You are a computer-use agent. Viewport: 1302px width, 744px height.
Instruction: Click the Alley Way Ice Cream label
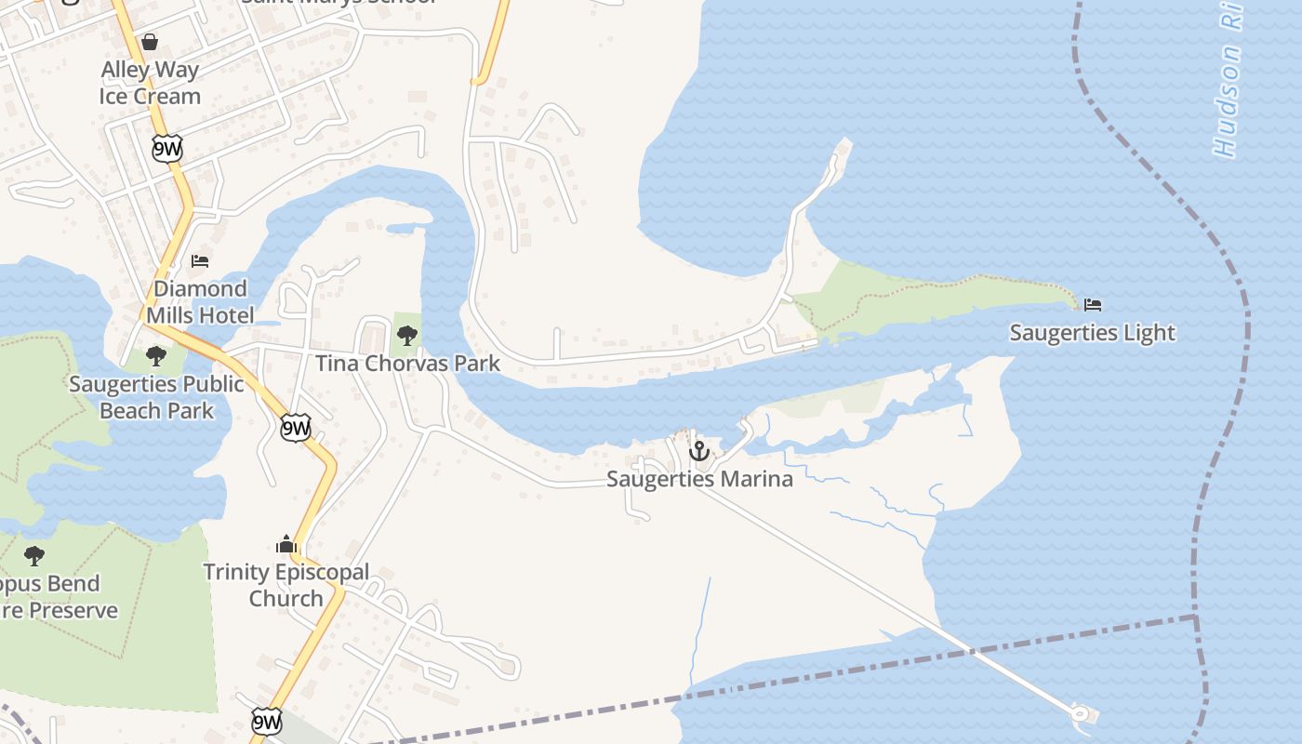point(150,83)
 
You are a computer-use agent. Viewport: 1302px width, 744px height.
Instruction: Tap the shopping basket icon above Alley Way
point(150,42)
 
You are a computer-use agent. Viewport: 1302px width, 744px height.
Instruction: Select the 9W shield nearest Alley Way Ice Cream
point(167,149)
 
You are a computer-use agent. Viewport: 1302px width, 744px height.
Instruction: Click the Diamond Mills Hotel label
point(200,302)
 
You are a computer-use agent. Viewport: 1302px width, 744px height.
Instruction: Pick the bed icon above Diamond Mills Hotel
point(200,260)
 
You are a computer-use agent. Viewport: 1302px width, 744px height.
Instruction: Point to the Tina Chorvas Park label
point(407,364)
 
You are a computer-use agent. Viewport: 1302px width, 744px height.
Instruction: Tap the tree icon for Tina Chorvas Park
point(406,336)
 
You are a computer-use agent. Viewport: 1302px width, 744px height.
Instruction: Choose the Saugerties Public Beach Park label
point(156,397)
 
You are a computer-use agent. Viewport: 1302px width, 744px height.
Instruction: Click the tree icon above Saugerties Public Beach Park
point(156,355)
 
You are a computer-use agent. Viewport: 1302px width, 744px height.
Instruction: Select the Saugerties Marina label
point(699,479)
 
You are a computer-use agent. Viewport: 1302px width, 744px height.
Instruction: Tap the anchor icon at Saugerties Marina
point(698,452)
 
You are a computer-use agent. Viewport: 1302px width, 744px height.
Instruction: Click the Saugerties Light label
point(1092,333)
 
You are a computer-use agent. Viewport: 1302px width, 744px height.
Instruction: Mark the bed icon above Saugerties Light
point(1093,305)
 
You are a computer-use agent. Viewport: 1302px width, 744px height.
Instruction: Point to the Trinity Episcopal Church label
point(286,585)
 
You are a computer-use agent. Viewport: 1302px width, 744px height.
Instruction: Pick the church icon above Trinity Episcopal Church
point(286,544)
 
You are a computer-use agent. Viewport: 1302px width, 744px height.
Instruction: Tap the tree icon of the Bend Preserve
point(34,556)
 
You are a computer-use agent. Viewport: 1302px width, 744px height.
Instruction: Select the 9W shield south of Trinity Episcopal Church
point(266,721)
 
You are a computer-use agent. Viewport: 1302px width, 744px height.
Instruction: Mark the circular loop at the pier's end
point(1080,714)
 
